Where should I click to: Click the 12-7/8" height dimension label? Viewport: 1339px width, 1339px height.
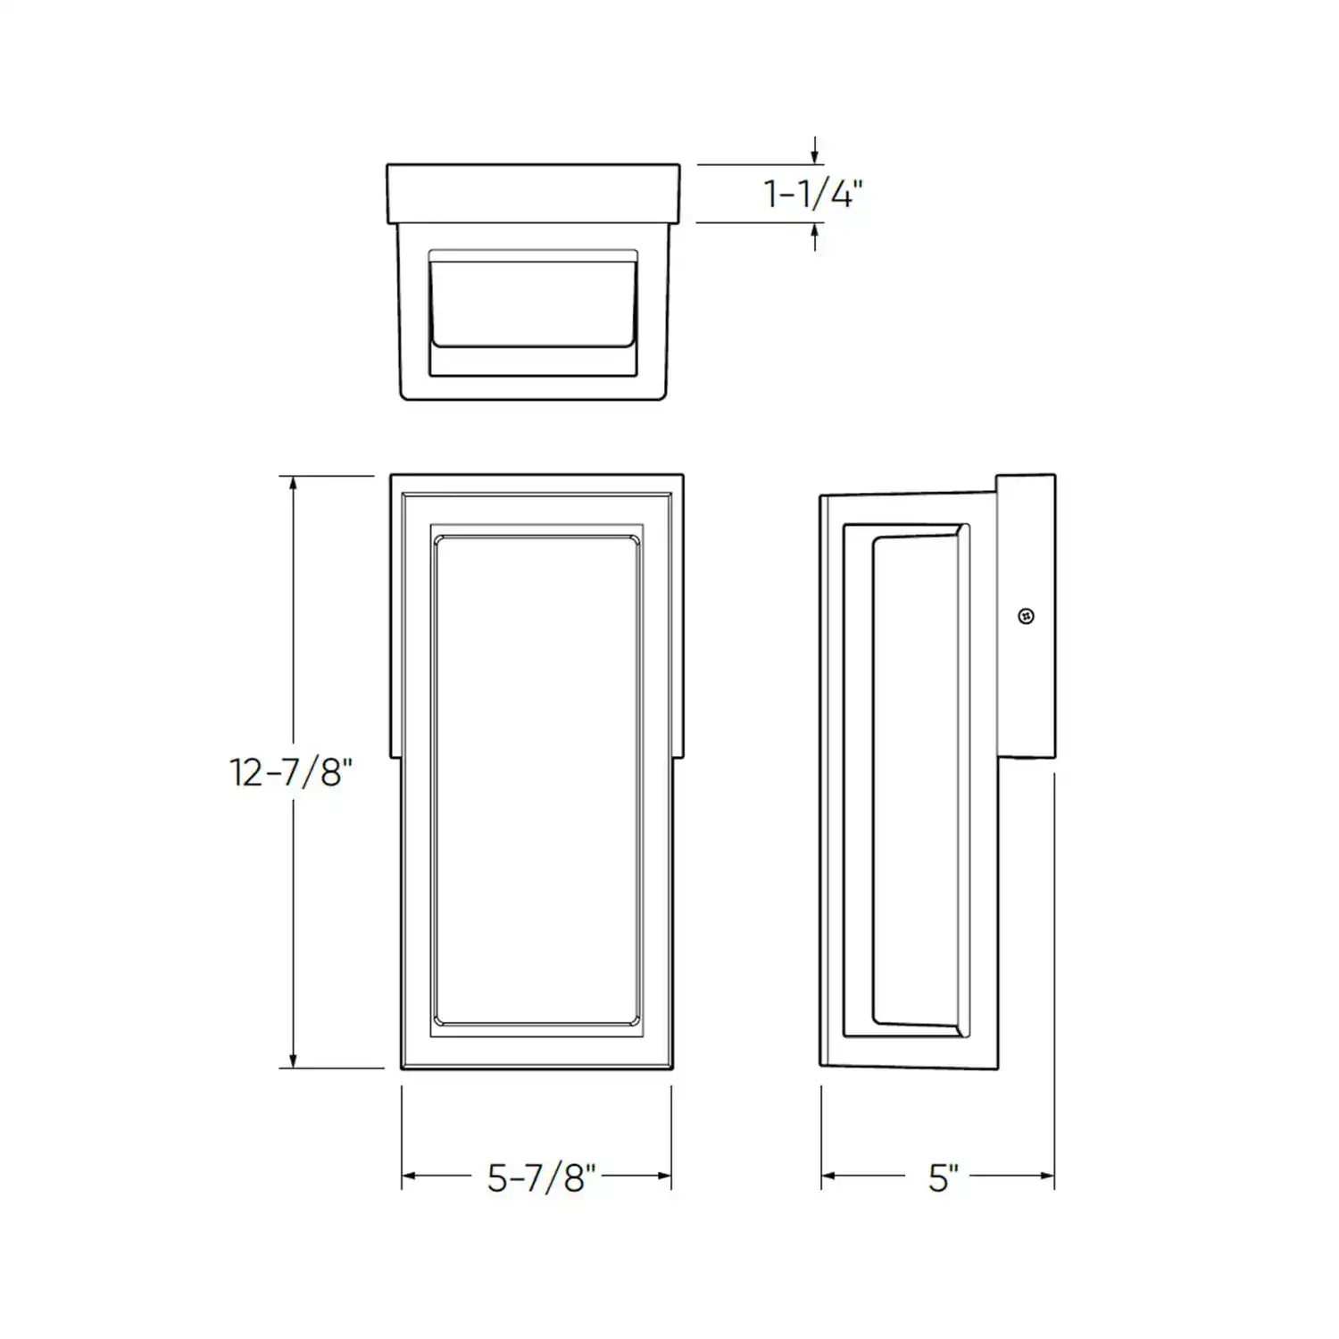[x=291, y=771]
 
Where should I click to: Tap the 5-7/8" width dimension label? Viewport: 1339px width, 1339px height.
[x=541, y=1177]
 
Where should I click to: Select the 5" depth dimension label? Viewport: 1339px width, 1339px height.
[x=943, y=1177]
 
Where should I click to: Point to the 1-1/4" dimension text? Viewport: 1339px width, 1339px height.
[x=813, y=194]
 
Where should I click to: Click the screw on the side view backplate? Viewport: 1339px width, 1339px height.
[x=1027, y=616]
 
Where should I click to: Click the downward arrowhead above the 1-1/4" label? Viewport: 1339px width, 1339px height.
[x=815, y=157]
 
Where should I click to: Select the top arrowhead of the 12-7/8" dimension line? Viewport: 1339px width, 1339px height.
[x=293, y=485]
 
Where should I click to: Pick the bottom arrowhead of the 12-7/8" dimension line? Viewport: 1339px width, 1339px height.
[x=293, y=1060]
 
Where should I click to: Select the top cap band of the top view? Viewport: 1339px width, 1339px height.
[x=533, y=193]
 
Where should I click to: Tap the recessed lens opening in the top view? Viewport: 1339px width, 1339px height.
[x=533, y=304]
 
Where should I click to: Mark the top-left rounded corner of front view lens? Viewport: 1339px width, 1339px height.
[x=439, y=541]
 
